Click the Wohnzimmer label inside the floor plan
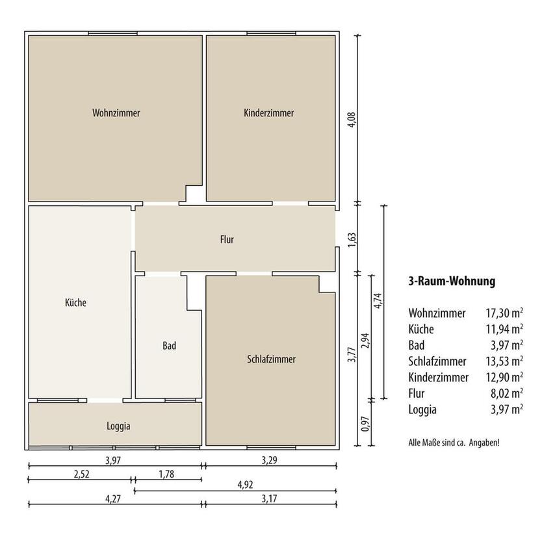(x=116, y=113)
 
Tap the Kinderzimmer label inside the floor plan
(x=269, y=113)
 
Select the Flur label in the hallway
(x=227, y=240)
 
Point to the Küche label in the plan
(x=75, y=302)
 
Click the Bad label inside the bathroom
(x=170, y=346)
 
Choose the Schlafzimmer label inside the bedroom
(x=272, y=359)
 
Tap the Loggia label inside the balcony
(x=118, y=426)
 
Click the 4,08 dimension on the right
(x=352, y=120)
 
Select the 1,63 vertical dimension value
(x=352, y=240)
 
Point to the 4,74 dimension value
(x=377, y=301)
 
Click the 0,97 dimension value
(x=365, y=424)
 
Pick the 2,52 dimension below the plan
(x=82, y=474)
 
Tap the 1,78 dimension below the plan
(x=166, y=474)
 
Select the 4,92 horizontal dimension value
(x=245, y=485)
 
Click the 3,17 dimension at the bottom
(x=269, y=499)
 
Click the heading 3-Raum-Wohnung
(x=452, y=281)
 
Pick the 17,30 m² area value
(x=504, y=313)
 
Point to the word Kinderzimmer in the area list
(x=438, y=378)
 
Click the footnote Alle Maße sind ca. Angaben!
(x=454, y=443)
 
